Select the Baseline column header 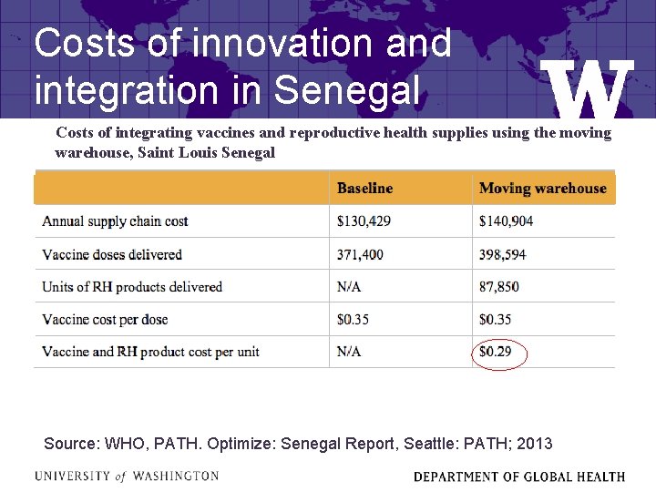[364, 189]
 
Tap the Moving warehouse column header [542, 189]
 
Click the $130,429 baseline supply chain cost [364, 221]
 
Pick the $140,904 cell [507, 221]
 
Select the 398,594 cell [503, 254]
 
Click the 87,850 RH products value [499, 287]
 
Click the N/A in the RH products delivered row [349, 287]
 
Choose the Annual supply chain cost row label [115, 221]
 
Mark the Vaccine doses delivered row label [112, 254]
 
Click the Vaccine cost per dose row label [105, 320]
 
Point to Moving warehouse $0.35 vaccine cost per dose [495, 320]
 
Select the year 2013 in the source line [534, 444]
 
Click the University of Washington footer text [127, 476]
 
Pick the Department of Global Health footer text [519, 477]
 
